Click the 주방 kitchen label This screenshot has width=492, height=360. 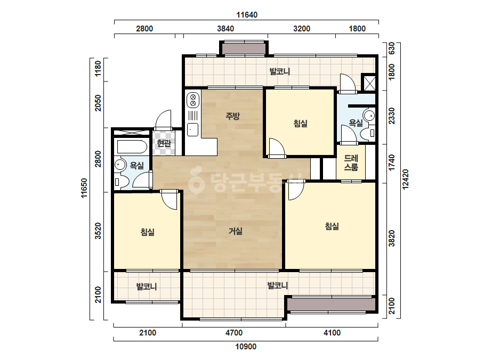pyautogui.click(x=233, y=116)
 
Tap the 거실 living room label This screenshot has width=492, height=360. pyautogui.click(x=235, y=232)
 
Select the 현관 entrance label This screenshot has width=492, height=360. pyautogui.click(x=164, y=143)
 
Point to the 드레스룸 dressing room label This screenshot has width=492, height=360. pyautogui.click(x=351, y=162)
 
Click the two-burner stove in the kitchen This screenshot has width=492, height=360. pyautogui.click(x=193, y=99)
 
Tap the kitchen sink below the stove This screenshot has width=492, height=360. pyautogui.click(x=192, y=129)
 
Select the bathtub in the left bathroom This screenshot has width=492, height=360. pyautogui.click(x=132, y=146)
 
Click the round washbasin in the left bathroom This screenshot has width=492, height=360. pyautogui.click(x=119, y=165)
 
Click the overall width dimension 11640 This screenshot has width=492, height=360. pyautogui.click(x=247, y=15)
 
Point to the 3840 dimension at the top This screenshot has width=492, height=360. pyautogui.click(x=225, y=29)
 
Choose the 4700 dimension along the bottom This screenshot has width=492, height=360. pyautogui.click(x=234, y=332)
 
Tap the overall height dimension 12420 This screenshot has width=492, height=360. pyautogui.click(x=406, y=179)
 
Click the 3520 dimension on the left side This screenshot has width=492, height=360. pyautogui.click(x=98, y=231)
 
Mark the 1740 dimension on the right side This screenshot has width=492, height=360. pyautogui.click(x=392, y=163)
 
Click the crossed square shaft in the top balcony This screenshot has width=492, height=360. pyautogui.click(x=369, y=83)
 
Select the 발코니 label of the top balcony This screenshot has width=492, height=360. pyautogui.click(x=279, y=71)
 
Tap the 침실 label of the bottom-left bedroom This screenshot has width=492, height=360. pyautogui.click(x=148, y=232)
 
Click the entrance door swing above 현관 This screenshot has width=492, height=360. pyautogui.click(x=164, y=120)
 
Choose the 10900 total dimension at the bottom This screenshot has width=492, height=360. pyautogui.click(x=246, y=347)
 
